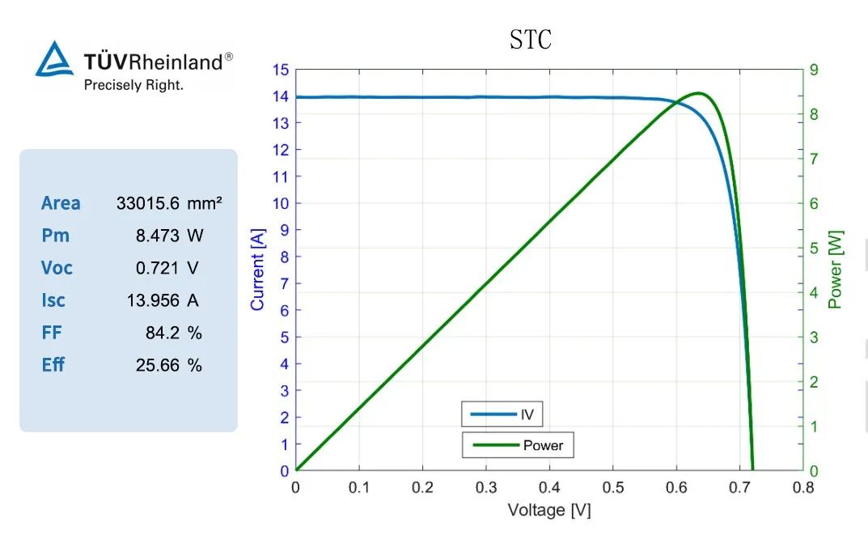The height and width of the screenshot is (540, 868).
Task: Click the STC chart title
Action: tap(531, 40)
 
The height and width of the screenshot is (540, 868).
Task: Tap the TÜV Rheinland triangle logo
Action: tap(54, 60)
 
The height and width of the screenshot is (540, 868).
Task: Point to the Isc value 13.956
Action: tap(152, 300)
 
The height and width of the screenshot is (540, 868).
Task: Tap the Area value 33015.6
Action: tap(147, 203)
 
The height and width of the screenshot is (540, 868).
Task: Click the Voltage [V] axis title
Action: tap(548, 510)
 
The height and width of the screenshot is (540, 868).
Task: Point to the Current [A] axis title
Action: tap(258, 270)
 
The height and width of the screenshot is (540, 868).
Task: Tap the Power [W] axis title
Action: tap(836, 270)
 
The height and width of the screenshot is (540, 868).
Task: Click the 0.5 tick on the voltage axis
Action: tap(612, 487)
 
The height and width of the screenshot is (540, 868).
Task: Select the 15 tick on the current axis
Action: tap(280, 70)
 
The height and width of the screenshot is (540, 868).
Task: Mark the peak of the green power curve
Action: tap(698, 93)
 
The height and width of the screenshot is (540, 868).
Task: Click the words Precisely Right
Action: tap(133, 84)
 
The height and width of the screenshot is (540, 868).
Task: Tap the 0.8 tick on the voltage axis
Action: tap(802, 487)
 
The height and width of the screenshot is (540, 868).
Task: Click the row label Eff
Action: tap(53, 365)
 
